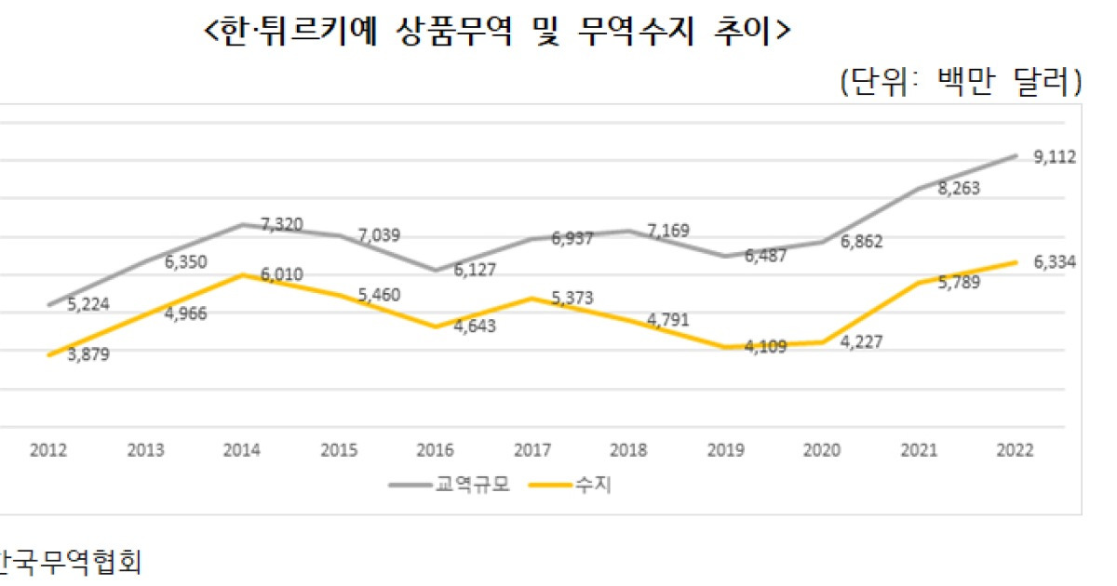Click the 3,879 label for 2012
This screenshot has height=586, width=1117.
(89, 354)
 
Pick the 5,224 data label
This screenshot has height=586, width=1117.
(89, 303)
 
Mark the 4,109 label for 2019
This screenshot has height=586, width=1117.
(765, 347)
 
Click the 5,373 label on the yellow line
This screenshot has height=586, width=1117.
(573, 298)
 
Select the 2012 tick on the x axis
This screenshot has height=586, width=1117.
(48, 450)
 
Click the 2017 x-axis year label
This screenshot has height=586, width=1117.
(532, 450)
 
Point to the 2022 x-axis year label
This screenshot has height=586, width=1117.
(1015, 450)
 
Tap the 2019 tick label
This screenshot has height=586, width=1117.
(725, 450)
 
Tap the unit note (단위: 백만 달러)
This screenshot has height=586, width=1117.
(960, 82)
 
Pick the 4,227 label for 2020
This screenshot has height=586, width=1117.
(861, 341)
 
